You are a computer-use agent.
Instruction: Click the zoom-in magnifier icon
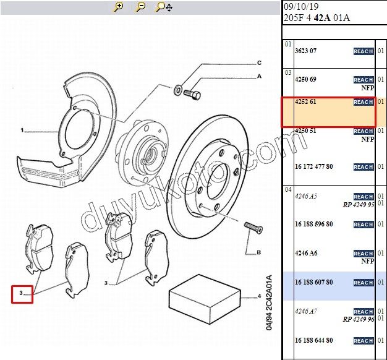pos(119,7)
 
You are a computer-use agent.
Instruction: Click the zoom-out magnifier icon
pos(141,7)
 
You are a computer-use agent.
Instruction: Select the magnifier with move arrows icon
pos(164,7)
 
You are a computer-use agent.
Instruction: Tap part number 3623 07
pos(305,51)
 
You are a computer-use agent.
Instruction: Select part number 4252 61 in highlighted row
pos(305,101)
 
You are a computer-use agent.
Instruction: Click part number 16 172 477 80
pos(314,166)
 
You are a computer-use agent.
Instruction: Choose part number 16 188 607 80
pos(314,282)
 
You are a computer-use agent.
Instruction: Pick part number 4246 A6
pos(306,253)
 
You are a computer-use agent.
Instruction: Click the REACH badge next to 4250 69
pos(364,80)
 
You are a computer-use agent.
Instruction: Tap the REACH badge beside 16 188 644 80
pos(364,341)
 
